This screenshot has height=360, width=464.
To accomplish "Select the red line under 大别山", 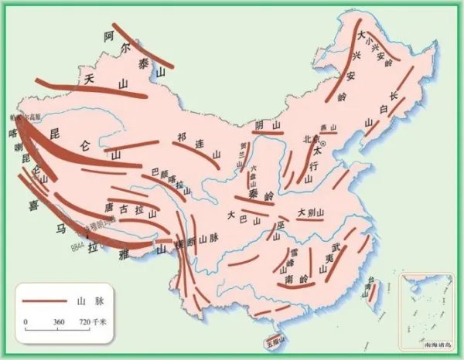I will (x=309, y=219).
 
